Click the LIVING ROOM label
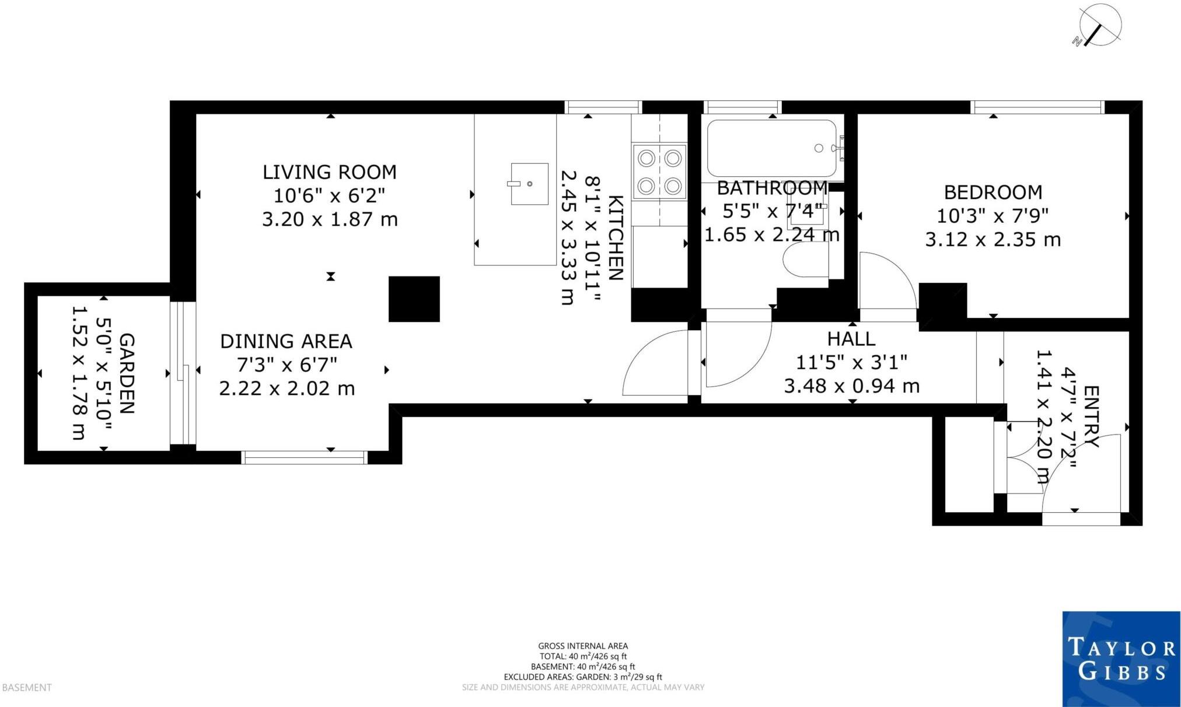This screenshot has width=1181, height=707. pyautogui.click(x=329, y=172)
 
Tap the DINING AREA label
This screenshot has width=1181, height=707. pyautogui.click(x=286, y=341)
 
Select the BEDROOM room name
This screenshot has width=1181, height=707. pyautogui.click(x=993, y=192)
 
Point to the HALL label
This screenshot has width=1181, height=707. pyautogui.click(x=851, y=339)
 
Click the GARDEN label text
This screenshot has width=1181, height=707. pyautogui.click(x=127, y=373)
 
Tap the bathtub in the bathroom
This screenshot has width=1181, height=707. pyautogui.click(x=772, y=148)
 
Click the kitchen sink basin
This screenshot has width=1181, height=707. pyautogui.click(x=529, y=184)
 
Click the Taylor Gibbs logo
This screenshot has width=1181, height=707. pyautogui.click(x=1121, y=659)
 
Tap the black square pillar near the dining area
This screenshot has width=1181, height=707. pyautogui.click(x=414, y=299)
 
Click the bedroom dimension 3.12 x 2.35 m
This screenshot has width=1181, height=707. pyautogui.click(x=993, y=239)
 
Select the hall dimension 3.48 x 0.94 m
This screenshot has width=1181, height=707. pyautogui.click(x=851, y=386)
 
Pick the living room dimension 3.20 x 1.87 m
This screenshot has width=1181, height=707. pyautogui.click(x=330, y=219)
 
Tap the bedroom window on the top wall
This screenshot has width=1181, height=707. pyautogui.click(x=1037, y=107)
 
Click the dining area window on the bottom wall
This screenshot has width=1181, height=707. pyautogui.click(x=304, y=457)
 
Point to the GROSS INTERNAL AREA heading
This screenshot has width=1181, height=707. pyautogui.click(x=583, y=646)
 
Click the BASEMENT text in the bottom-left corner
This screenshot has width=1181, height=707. pyautogui.click(x=27, y=688)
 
